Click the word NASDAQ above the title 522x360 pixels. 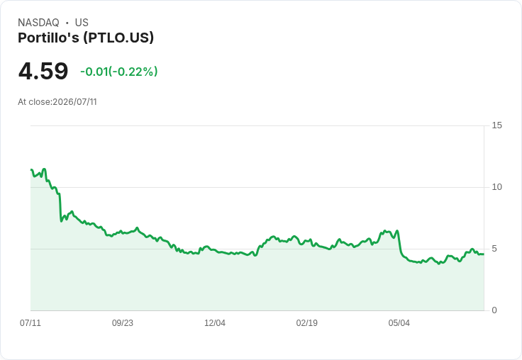pyautogui.click(x=38, y=23)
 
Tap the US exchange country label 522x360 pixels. pyautogui.click(x=82, y=23)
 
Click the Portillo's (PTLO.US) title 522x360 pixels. pyautogui.click(x=86, y=38)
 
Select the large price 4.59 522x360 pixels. pyautogui.click(x=43, y=71)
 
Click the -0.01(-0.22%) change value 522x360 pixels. pyautogui.click(x=119, y=72)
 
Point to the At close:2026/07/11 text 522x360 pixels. pyautogui.click(x=57, y=102)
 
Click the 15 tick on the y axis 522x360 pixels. pyautogui.click(x=496, y=125)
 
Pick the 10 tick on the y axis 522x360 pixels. pyautogui.click(x=496, y=187)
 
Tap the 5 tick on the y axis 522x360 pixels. pyautogui.click(x=494, y=249)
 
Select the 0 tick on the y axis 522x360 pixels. pyautogui.click(x=494, y=310)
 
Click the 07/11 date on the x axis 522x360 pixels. pyautogui.click(x=30, y=322)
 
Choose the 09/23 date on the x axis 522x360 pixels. pyautogui.click(x=123, y=322)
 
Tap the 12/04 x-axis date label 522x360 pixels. pyautogui.click(x=215, y=322)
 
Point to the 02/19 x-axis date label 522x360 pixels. pyautogui.click(x=307, y=322)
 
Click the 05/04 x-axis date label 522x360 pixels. pyautogui.click(x=399, y=322)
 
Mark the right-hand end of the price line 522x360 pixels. pyautogui.click(x=484, y=254)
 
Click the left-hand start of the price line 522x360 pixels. pyautogui.click(x=31, y=170)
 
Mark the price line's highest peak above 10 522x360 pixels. pyautogui.click(x=44, y=169)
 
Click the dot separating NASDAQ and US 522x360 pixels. pyautogui.click(x=67, y=23)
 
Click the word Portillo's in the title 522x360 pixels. pyautogui.click(x=49, y=38)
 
